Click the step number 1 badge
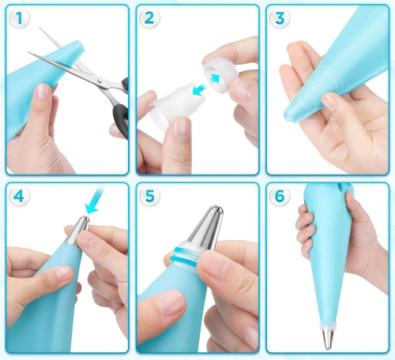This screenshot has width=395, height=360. coord(17,18)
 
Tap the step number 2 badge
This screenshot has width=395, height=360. coord(149,18)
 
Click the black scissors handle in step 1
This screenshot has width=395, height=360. coord(118,103)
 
